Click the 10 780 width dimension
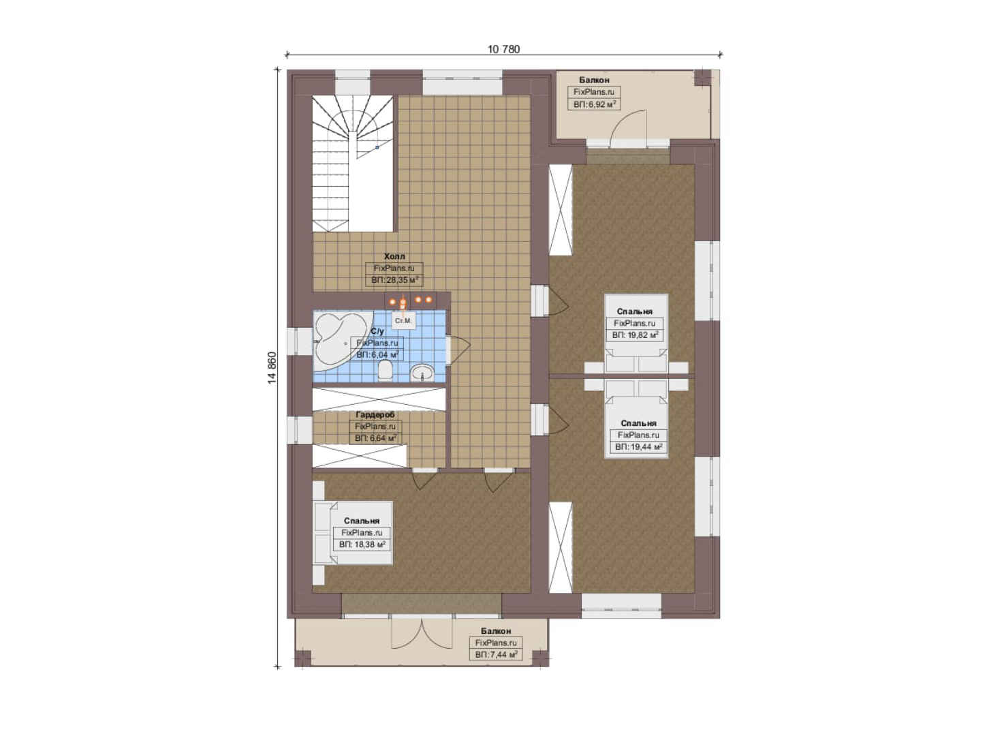pyautogui.click(x=504, y=49)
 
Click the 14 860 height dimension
pyautogui.click(x=272, y=368)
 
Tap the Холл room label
pyautogui.click(x=394, y=256)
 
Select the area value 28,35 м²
pyautogui.click(x=394, y=280)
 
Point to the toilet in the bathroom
pyautogui.click(x=386, y=371)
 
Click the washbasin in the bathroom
pyautogui.click(x=422, y=372)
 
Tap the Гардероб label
pyautogui.click(x=375, y=415)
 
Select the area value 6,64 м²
pyautogui.click(x=375, y=438)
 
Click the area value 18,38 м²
pyautogui.click(x=362, y=545)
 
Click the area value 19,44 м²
pyautogui.click(x=638, y=447)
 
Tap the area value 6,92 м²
pyautogui.click(x=595, y=104)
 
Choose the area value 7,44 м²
pyautogui.click(x=496, y=655)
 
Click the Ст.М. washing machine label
pyautogui.click(x=403, y=321)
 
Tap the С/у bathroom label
pyautogui.click(x=377, y=331)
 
